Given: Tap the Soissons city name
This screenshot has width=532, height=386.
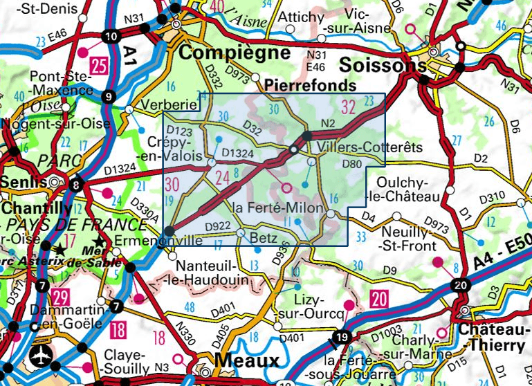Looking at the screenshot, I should (383, 64).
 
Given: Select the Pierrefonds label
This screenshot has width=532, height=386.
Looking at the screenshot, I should (311, 85).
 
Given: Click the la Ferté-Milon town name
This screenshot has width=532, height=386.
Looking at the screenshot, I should (277, 208).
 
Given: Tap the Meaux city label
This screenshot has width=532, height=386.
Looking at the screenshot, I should (246, 360).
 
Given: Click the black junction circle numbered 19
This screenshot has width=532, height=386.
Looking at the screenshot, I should (340, 338).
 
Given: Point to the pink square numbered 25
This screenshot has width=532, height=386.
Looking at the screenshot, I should (100, 66).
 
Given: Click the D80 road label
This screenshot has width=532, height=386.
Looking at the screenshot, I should (352, 164).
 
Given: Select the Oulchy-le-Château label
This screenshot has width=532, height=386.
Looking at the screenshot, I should (409, 190).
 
